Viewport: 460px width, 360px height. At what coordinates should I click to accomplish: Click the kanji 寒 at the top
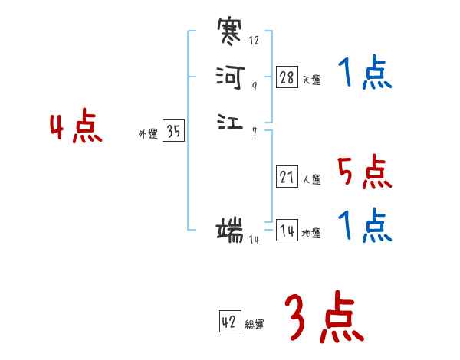pyautogui.click(x=230, y=34)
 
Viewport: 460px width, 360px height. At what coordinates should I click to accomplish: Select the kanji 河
pyautogui.click(x=230, y=77)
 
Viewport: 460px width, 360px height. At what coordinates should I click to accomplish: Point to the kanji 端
pyautogui.click(x=230, y=229)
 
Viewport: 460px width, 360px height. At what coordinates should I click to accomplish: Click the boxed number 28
pyautogui.click(x=287, y=77)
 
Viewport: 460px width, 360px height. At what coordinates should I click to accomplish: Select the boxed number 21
pyautogui.click(x=287, y=177)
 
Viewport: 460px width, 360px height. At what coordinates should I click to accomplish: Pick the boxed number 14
pyautogui.click(x=287, y=231)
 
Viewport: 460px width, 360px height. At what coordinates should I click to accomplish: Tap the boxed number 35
pyautogui.click(x=173, y=132)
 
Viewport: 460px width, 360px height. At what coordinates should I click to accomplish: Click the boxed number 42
pyautogui.click(x=229, y=322)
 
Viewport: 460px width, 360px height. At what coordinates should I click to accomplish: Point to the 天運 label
pyautogui.click(x=312, y=80)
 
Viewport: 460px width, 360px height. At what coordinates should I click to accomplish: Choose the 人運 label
pyautogui.click(x=312, y=180)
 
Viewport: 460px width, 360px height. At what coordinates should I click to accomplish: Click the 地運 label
pyautogui.click(x=312, y=234)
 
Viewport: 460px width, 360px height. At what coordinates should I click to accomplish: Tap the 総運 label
pyautogui.click(x=255, y=325)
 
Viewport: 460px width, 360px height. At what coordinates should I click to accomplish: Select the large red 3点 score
pyautogui.click(x=324, y=318)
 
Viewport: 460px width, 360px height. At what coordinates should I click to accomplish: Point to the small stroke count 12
pyautogui.click(x=254, y=40)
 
